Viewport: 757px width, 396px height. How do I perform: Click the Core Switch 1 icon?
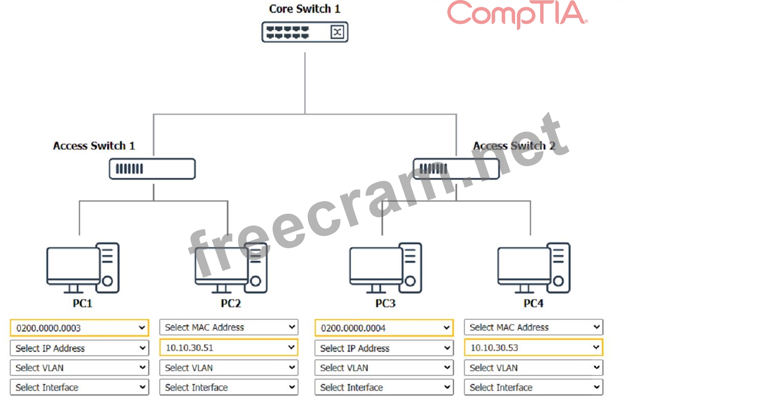(305, 32)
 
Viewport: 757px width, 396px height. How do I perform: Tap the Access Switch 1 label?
(94, 146)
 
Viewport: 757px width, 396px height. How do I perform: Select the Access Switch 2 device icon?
(456, 169)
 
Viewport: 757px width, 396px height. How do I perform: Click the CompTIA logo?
(517, 14)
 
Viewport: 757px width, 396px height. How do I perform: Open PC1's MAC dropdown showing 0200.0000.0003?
(80, 328)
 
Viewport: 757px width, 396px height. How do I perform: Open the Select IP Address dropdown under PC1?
(80, 348)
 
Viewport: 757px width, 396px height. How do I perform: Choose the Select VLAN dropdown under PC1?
(80, 368)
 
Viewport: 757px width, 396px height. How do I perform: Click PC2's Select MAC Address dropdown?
(229, 327)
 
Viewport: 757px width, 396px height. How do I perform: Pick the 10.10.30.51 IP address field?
(229, 348)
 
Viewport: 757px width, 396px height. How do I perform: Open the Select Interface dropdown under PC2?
(229, 387)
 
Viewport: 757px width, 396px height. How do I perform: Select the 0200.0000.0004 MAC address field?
(384, 328)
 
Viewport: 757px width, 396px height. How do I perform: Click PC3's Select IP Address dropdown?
(384, 348)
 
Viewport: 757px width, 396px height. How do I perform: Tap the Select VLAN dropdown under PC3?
(384, 368)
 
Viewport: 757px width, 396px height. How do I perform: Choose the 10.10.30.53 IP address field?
(534, 348)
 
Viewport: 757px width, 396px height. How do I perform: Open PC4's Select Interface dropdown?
(534, 387)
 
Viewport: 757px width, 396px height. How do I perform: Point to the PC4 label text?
(533, 303)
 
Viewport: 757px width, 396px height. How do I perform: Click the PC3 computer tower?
(410, 267)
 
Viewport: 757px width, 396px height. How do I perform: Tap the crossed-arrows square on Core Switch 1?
(337, 32)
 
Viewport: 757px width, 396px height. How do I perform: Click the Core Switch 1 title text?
(305, 9)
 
